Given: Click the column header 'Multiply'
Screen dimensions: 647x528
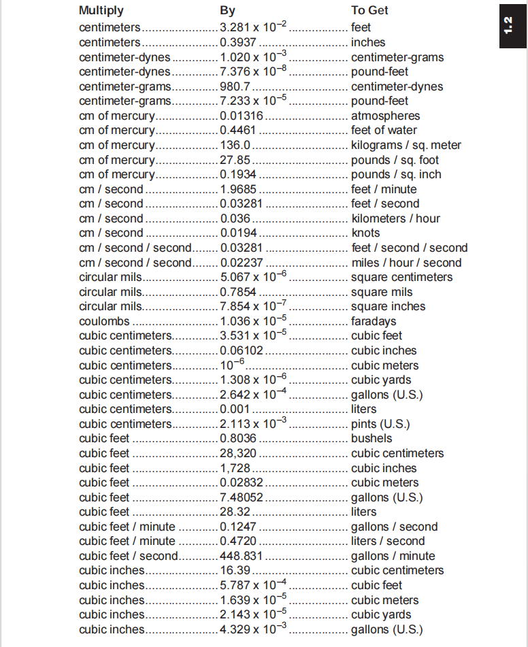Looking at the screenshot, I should point(101,11).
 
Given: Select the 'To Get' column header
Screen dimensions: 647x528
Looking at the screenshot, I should point(369,11).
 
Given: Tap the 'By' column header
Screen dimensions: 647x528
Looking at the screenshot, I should point(228,11).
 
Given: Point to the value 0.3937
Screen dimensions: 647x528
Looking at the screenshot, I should point(236,42).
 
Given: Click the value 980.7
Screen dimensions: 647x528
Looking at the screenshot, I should point(235,86).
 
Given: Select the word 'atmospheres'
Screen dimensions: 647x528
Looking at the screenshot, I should point(385,116).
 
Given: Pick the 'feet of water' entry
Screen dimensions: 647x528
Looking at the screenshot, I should point(384,130).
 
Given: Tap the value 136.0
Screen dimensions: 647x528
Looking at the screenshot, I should point(235,145).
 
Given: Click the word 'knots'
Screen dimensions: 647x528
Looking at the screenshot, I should point(365,233).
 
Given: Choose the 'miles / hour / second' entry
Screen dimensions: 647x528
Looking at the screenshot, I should point(406,263).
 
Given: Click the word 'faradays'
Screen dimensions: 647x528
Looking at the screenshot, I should point(374,321).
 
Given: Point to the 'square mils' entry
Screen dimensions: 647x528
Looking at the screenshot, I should point(381,292).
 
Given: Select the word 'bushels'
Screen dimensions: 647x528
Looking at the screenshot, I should point(372,439).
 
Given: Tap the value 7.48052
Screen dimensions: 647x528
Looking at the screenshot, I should point(241,497).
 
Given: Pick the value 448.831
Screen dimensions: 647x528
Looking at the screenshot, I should point(241,556).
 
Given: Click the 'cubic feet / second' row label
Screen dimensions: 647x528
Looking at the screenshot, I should point(128,556).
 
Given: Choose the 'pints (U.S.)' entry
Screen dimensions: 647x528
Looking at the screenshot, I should point(380,424).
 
